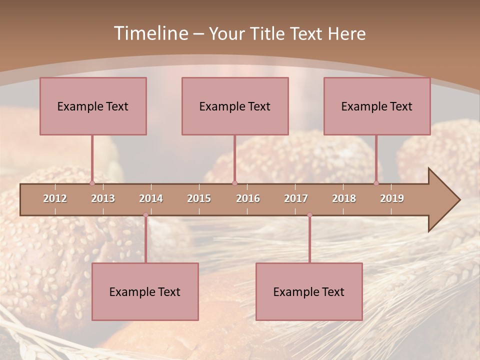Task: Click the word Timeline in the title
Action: click(150, 33)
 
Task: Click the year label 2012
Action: click(55, 198)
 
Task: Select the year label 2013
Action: click(103, 198)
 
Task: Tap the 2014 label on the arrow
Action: click(151, 198)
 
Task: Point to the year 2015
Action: click(199, 198)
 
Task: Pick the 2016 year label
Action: click(248, 198)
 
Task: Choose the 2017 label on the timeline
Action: click(296, 198)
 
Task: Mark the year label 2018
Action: click(344, 198)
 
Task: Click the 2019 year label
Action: click(392, 198)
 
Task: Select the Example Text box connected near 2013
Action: click(93, 106)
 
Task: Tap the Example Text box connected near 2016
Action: click(235, 106)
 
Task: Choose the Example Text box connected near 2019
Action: click(377, 106)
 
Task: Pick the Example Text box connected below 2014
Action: click(145, 291)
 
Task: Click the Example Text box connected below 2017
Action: click(309, 291)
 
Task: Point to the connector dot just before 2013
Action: click(92, 183)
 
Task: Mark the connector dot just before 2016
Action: click(234, 183)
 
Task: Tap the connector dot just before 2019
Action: click(376, 183)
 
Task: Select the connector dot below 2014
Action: click(145, 215)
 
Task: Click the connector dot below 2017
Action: click(309, 215)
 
